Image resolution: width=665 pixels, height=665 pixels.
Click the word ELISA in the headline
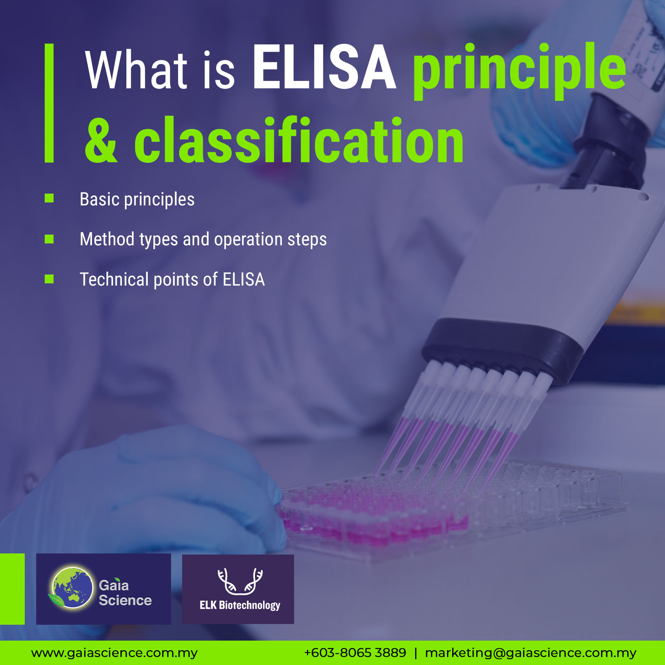point(324,67)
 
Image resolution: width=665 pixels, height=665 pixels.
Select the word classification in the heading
point(299,140)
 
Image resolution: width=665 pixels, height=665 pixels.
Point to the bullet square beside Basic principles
point(49,198)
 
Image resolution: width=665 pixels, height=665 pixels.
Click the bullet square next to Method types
point(49,239)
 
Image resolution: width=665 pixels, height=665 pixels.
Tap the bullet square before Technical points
point(49,279)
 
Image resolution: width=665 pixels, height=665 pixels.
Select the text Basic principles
point(137,199)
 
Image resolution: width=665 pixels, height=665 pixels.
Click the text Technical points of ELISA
point(172,279)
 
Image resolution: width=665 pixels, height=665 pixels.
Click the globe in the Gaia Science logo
point(72,588)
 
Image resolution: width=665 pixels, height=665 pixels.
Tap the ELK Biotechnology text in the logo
point(240,605)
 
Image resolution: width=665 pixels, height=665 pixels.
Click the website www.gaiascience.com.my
point(114,653)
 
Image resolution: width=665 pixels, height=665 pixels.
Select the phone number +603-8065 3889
point(355,653)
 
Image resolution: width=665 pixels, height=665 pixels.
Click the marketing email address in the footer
point(531,653)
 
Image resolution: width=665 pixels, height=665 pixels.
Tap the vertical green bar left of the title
point(49,103)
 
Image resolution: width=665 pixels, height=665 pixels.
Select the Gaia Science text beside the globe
point(125,593)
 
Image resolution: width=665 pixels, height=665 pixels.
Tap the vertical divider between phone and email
point(416,653)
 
